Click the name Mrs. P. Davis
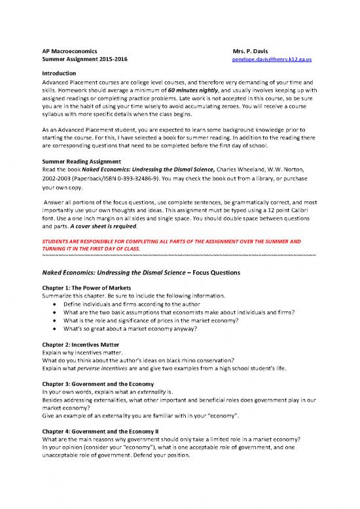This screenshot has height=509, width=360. click(252, 50)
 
